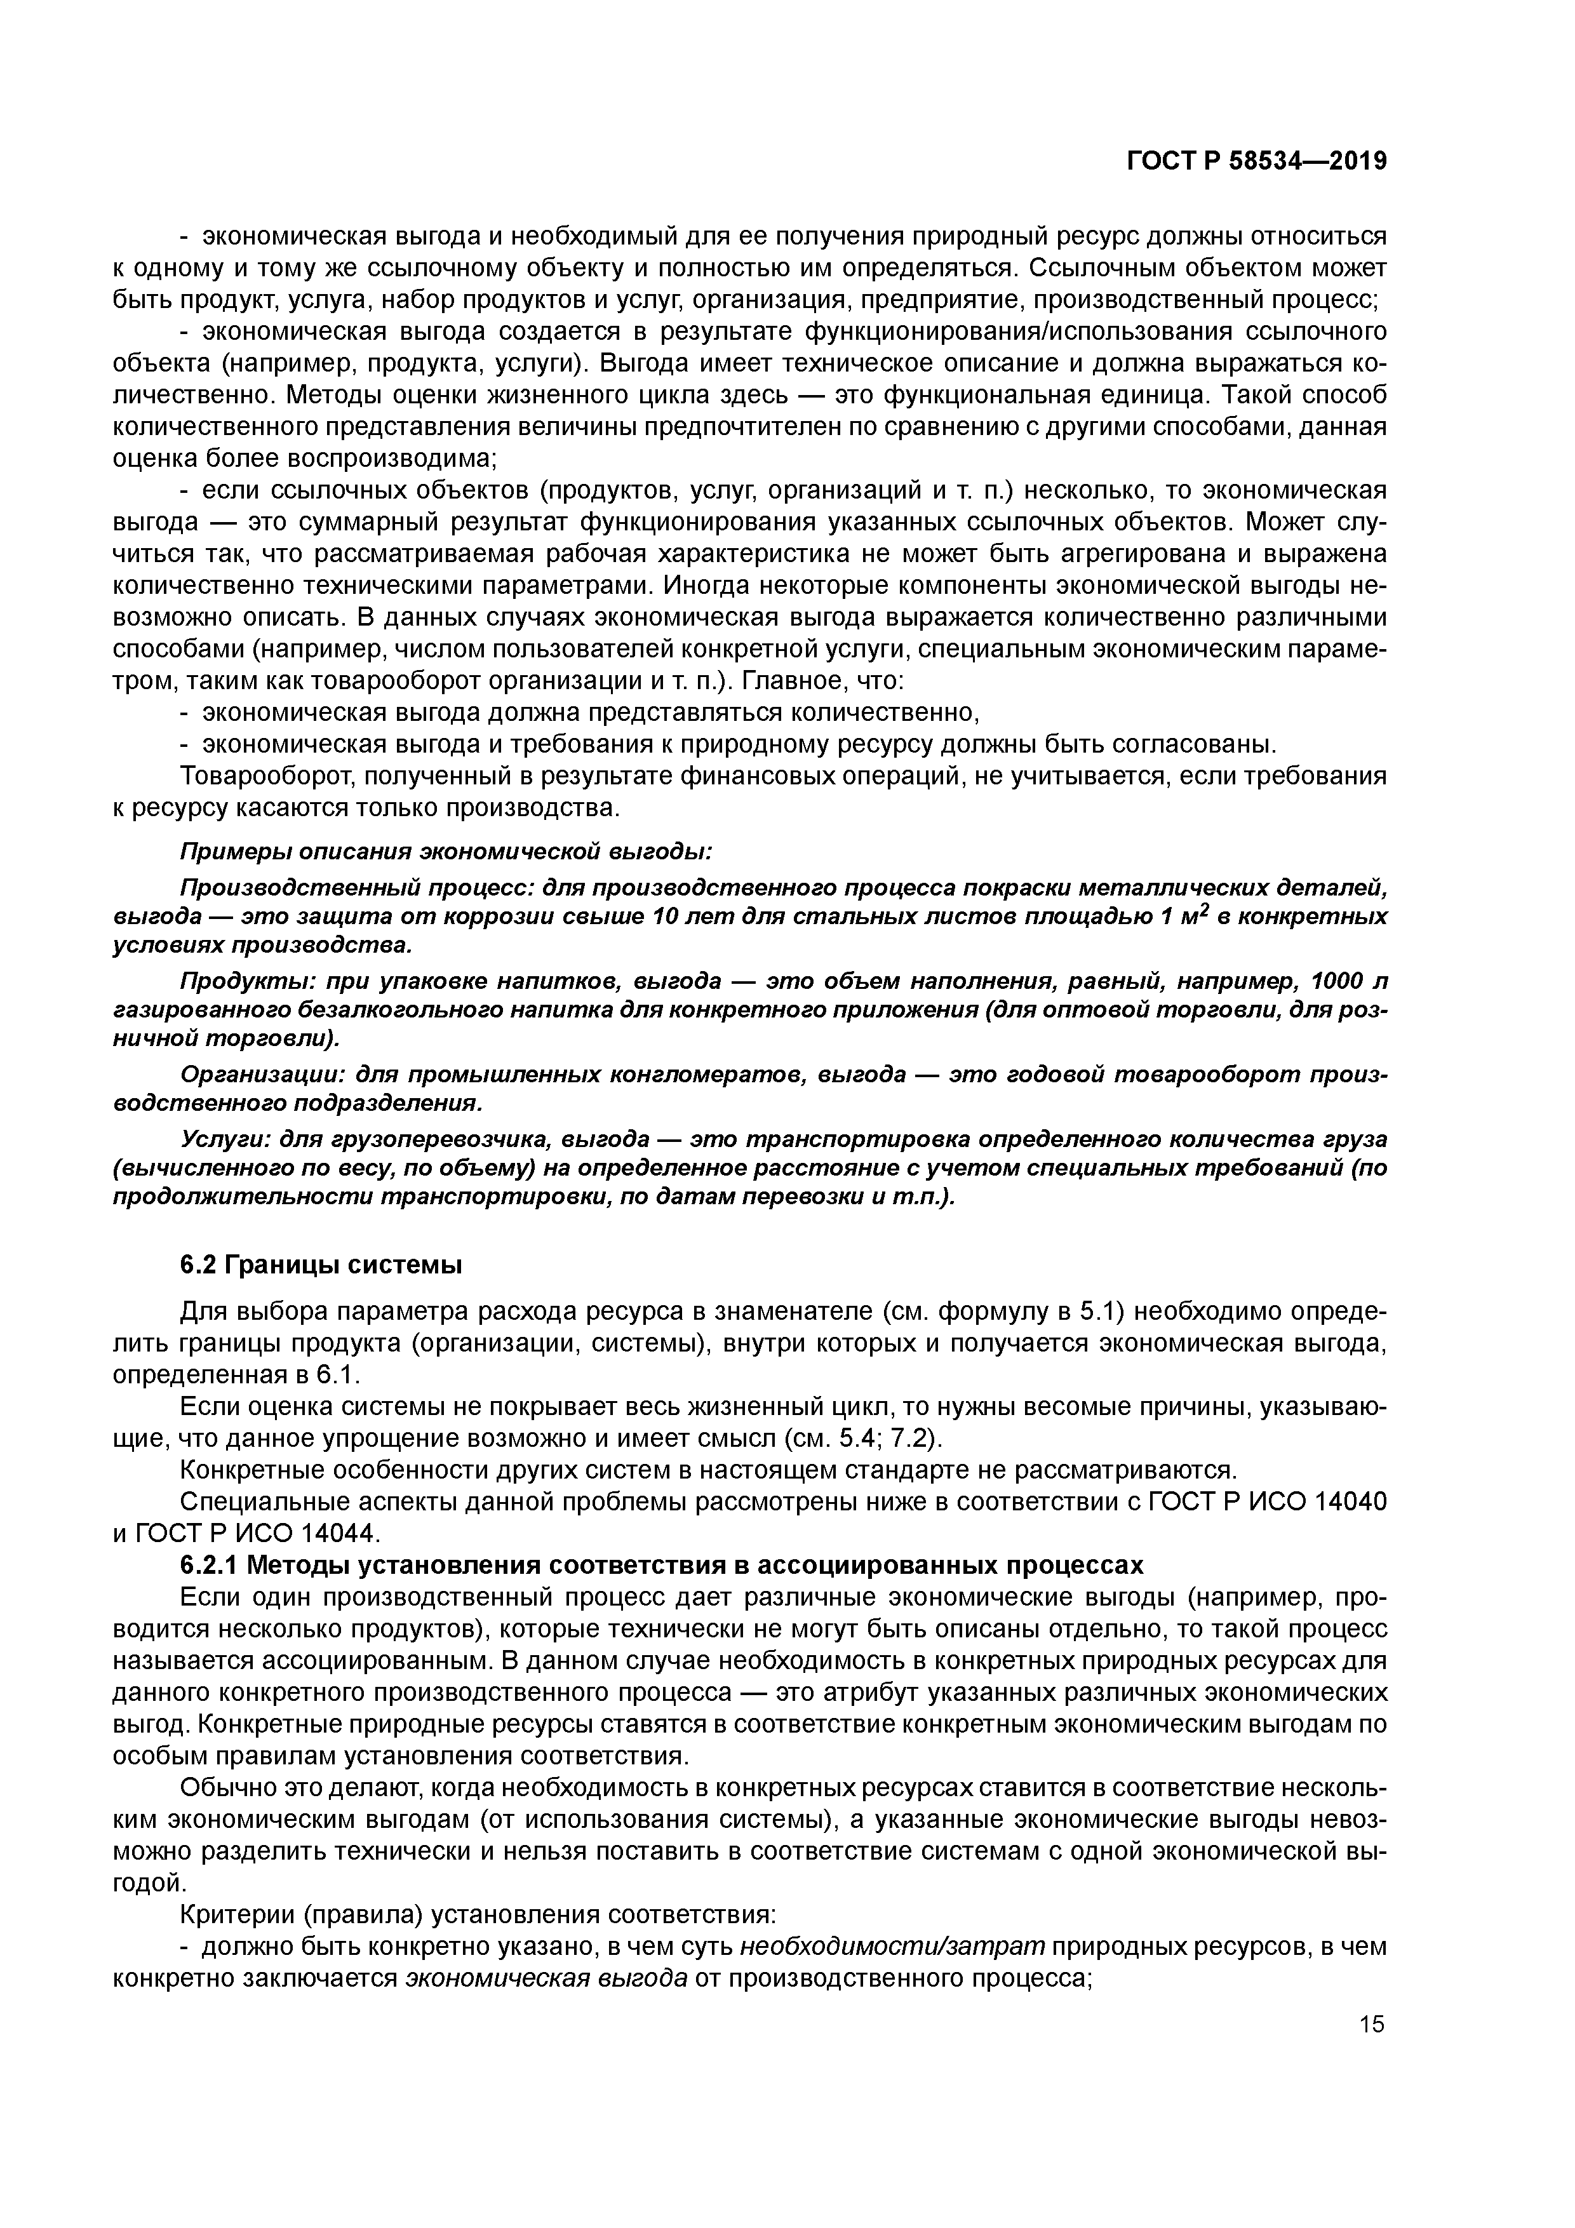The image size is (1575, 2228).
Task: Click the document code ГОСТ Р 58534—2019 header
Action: point(1256,162)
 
